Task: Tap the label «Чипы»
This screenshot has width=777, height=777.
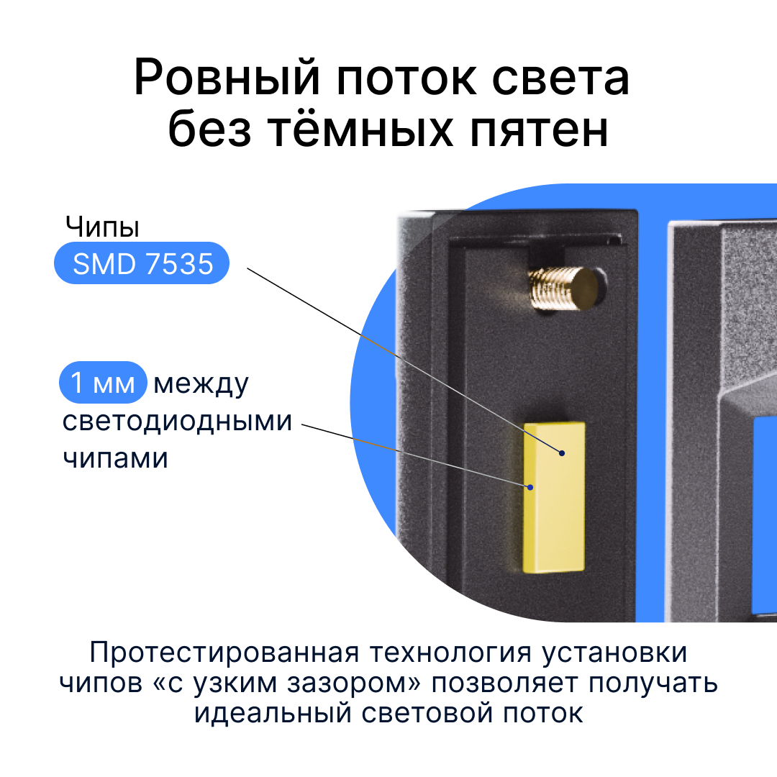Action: click(x=102, y=227)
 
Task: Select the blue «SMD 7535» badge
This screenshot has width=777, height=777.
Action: click(x=142, y=264)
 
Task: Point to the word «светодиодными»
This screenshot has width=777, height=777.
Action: click(x=177, y=421)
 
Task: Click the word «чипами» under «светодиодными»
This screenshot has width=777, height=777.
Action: click(x=115, y=458)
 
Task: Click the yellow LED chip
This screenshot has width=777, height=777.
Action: click(x=554, y=496)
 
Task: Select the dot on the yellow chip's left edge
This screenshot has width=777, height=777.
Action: click(x=530, y=487)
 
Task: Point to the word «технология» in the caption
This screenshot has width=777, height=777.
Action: click(x=445, y=653)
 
